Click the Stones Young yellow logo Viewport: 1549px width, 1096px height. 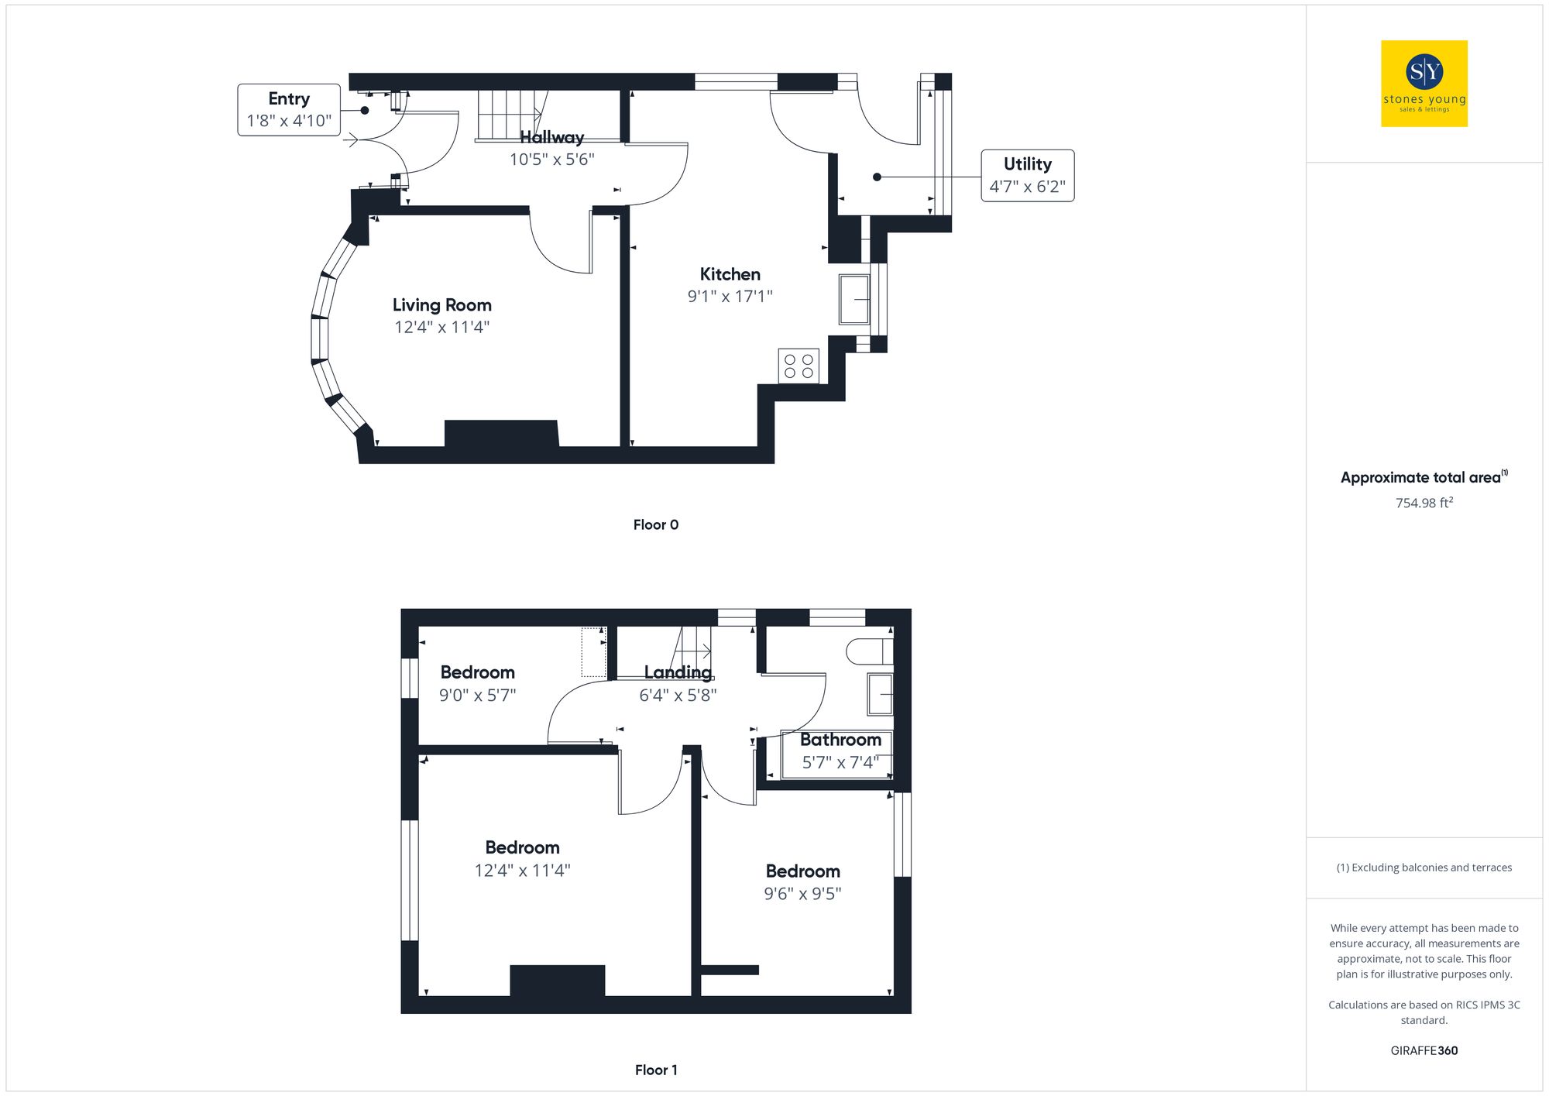point(1424,84)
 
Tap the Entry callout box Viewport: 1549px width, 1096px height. point(289,110)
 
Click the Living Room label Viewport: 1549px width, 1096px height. point(441,305)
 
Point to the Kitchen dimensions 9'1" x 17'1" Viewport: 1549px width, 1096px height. point(730,296)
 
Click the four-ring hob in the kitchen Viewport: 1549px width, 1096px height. point(799,366)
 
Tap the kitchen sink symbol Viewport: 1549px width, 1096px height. point(855,299)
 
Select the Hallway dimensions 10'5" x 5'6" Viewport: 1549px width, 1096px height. point(551,160)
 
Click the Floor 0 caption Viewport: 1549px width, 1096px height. point(655,524)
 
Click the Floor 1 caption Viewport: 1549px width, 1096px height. point(655,1070)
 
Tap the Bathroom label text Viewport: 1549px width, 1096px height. point(840,740)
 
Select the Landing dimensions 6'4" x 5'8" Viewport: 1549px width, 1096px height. point(678,696)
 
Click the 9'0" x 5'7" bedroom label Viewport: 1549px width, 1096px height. point(477,672)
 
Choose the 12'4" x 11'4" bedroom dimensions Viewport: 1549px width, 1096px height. point(522,871)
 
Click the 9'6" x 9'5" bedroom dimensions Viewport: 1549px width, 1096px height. point(802,894)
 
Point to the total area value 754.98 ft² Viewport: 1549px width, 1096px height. point(1424,503)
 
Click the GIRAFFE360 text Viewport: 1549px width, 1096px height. point(1424,1050)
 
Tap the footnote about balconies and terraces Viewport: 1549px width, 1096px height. point(1424,868)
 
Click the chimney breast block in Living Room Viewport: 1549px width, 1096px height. point(501,434)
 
